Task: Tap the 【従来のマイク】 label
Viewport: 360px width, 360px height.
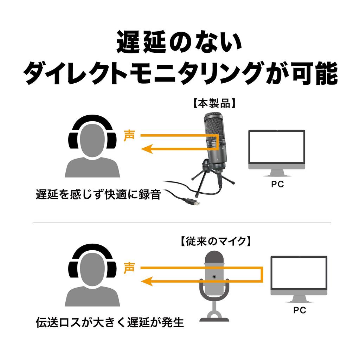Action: [x=214, y=242]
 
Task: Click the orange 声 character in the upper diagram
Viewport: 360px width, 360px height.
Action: [x=129, y=136]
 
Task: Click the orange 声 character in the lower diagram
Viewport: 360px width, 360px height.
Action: [x=129, y=268]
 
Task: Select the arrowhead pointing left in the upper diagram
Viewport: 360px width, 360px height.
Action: [x=147, y=149]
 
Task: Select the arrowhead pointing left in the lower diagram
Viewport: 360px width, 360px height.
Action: [x=147, y=281]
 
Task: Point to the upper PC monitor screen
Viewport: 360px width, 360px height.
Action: [x=276, y=147]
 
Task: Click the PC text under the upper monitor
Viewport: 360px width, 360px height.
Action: [x=277, y=184]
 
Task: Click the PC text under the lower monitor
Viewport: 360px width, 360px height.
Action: [x=300, y=310]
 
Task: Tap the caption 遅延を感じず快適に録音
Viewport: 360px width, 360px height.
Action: [x=98, y=194]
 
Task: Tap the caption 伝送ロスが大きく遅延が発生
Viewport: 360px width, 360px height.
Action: [x=110, y=322]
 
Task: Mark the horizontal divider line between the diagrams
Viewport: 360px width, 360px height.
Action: [x=182, y=223]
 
